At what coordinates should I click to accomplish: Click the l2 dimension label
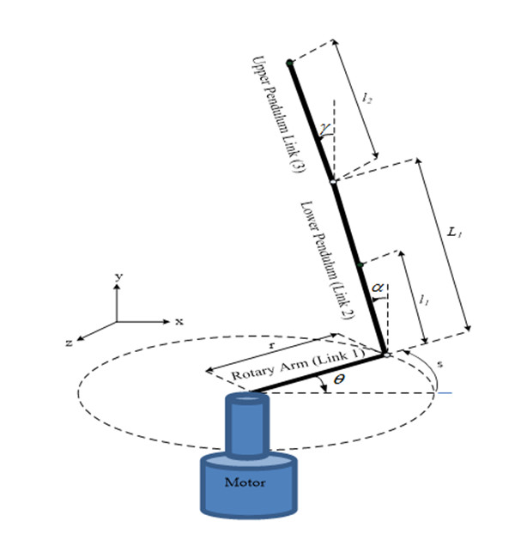[367, 100]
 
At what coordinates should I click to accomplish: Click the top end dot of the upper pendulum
[290, 62]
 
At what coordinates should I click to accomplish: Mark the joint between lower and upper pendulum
[333, 181]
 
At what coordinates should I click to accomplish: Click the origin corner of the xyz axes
[118, 322]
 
